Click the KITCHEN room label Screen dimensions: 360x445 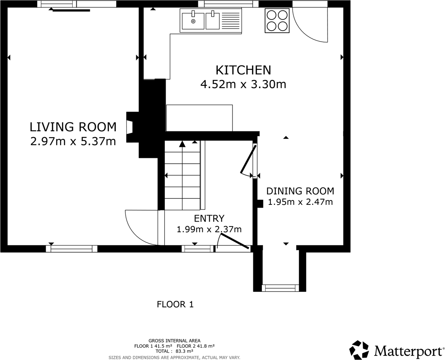[243, 70]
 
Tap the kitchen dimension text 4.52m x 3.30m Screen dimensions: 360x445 [243, 84]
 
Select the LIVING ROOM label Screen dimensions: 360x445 [73, 127]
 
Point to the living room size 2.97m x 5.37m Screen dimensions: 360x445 [73, 141]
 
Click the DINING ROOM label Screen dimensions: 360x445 [300, 191]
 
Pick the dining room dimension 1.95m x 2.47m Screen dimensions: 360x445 [300, 202]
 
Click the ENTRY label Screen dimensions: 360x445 [209, 219]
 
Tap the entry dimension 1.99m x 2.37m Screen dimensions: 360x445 [209, 229]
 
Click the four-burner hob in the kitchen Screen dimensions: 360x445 [277, 20]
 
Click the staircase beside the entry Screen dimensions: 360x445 [182, 176]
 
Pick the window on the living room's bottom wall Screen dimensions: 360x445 [71, 249]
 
